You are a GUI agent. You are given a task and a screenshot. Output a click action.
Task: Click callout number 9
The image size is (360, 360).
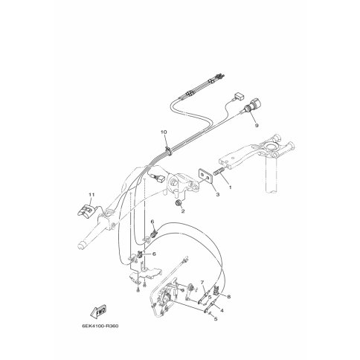pyautogui.click(x=257, y=126)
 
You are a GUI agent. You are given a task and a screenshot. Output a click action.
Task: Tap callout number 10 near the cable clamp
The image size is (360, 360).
pyautogui.click(x=164, y=132)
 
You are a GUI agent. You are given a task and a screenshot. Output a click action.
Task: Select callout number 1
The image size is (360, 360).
pyautogui.click(x=230, y=187)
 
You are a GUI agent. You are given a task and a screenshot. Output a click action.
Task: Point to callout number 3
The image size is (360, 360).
pyautogui.click(x=218, y=195)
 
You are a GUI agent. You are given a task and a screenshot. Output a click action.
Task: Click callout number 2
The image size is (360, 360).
pyautogui.click(x=183, y=211)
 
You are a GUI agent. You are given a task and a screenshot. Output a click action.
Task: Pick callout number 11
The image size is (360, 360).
pyautogui.click(x=91, y=195)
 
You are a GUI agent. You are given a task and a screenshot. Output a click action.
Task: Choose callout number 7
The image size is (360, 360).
pyautogui.click(x=202, y=282)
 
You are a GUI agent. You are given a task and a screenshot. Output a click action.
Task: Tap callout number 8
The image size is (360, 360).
pyautogui.click(x=228, y=297)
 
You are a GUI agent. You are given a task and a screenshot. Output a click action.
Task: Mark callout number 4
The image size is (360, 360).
pyautogui.click(x=222, y=310)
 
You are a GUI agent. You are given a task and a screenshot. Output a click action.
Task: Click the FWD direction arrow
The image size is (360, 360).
pyautogui.click(x=98, y=312)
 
